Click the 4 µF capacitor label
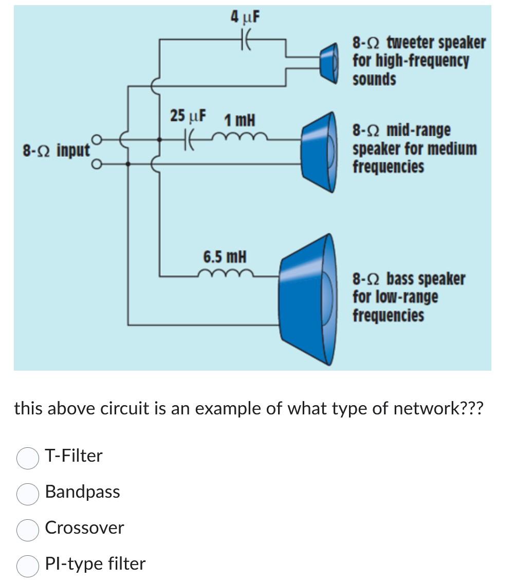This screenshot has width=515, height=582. pyautogui.click(x=245, y=18)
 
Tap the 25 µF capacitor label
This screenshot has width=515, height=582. pyautogui.click(x=188, y=116)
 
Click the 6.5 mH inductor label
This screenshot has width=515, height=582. pyautogui.click(x=225, y=256)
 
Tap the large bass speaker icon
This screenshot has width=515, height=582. pyautogui.click(x=306, y=299)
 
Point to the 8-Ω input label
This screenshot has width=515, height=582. pyautogui.click(x=56, y=151)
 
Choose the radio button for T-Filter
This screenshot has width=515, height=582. pyautogui.click(x=27, y=457)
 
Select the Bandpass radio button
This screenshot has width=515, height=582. pyautogui.click(x=27, y=493)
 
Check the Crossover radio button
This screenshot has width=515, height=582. pyautogui.click(x=27, y=529)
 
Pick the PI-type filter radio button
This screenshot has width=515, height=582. pyautogui.click(x=27, y=565)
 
